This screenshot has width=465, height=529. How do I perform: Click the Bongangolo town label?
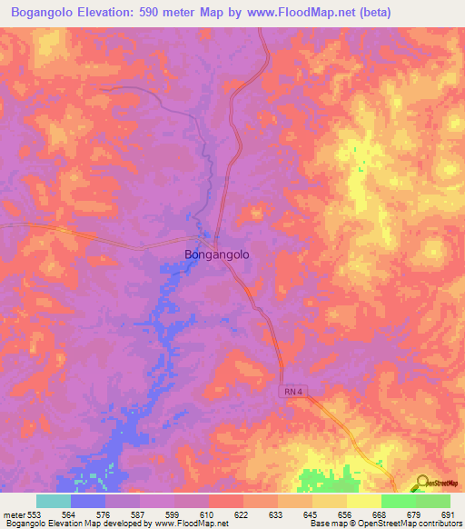click(x=216, y=255)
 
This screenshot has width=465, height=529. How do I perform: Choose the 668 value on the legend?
click(x=380, y=514)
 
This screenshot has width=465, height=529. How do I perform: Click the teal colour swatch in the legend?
click(x=54, y=501)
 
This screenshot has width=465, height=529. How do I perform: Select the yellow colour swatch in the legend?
click(x=363, y=501)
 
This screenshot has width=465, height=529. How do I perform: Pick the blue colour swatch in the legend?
click(x=88, y=501)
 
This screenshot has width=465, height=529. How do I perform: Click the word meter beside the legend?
click(x=15, y=514)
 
